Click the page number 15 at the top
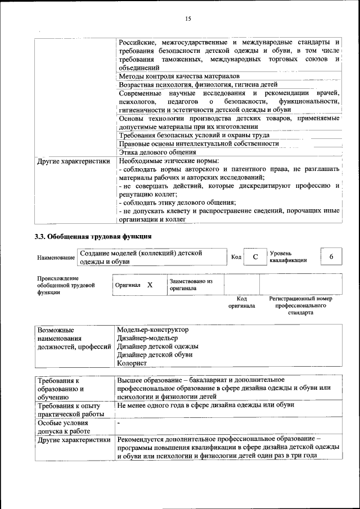tap(188, 19)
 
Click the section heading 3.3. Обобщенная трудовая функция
tap(93, 236)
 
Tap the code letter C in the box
tap(255, 257)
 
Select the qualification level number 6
tap(331, 256)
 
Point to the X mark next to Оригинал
tap(150, 285)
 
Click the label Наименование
tap(56, 258)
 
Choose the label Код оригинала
tap(241, 302)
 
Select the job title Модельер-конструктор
tap(152, 330)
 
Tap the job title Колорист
tap(132, 363)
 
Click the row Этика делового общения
tap(157, 152)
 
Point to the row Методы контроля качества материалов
tap(179, 75)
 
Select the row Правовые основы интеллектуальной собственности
tap(199, 143)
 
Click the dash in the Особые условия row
tap(119, 422)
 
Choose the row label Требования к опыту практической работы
tap(68, 409)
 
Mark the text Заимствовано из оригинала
tap(191, 285)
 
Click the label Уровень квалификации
tap(288, 256)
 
